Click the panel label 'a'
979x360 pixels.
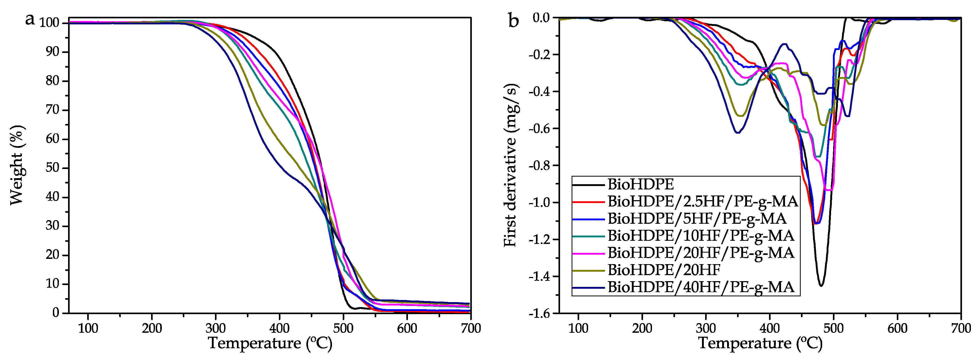(30, 19)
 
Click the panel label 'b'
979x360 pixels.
(513, 21)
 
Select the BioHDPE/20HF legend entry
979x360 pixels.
(663, 270)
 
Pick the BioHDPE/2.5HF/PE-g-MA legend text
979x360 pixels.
(702, 201)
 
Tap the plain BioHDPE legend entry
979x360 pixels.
(640, 184)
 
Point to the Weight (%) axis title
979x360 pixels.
(17, 165)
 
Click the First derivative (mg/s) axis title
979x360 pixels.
(511, 165)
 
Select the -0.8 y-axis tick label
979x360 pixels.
(539, 165)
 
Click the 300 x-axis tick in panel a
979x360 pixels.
(215, 328)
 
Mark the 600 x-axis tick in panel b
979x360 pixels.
(897, 328)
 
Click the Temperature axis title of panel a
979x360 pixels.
(270, 343)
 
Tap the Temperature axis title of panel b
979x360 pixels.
(760, 343)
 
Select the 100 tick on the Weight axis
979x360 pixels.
(49, 23)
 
